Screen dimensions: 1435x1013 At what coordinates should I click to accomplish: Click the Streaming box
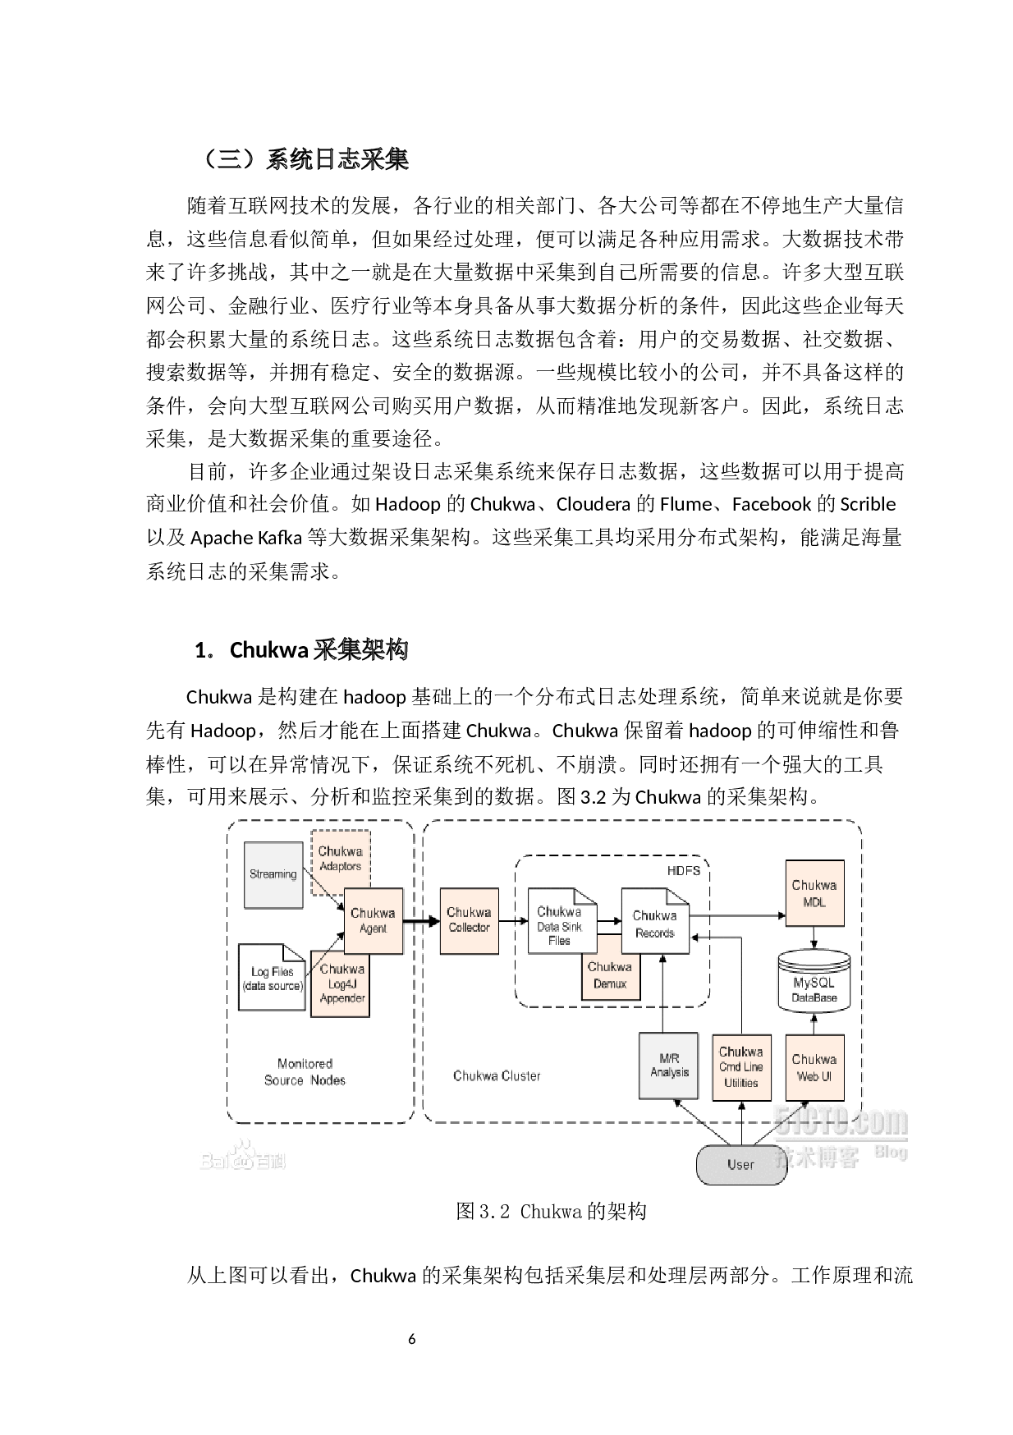(x=273, y=874)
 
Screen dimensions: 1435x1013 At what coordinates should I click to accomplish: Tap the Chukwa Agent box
(x=374, y=920)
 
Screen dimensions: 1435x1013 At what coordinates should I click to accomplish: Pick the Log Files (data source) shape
(x=272, y=978)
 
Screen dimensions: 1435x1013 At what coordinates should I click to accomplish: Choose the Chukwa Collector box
(x=470, y=920)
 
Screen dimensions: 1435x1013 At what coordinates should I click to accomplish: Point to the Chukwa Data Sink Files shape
(x=561, y=921)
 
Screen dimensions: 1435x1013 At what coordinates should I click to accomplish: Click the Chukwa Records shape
(x=654, y=922)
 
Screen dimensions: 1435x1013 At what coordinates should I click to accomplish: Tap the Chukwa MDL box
(x=814, y=893)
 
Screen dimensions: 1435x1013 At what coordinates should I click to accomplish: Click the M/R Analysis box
(x=669, y=1066)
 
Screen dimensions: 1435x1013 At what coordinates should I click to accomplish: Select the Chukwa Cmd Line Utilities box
(x=742, y=1067)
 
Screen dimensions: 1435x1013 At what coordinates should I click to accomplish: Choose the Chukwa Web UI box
(x=814, y=1067)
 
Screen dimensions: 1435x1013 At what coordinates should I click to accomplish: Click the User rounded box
(x=740, y=1164)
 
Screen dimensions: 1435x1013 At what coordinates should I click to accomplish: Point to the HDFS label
(x=684, y=870)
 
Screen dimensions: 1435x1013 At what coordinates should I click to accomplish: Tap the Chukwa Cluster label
(x=497, y=1075)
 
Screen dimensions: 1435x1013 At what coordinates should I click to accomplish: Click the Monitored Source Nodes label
(x=305, y=1072)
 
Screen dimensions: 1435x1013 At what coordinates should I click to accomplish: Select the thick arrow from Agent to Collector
(x=421, y=921)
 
